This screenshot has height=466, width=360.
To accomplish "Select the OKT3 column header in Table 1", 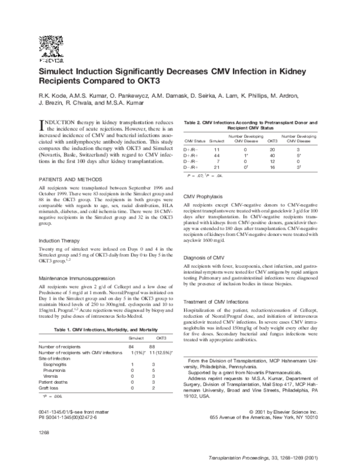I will coord(161,338).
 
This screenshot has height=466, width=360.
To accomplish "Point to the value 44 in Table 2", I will coord(217,156).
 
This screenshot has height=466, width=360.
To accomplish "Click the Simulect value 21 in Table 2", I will coord(217,166).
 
